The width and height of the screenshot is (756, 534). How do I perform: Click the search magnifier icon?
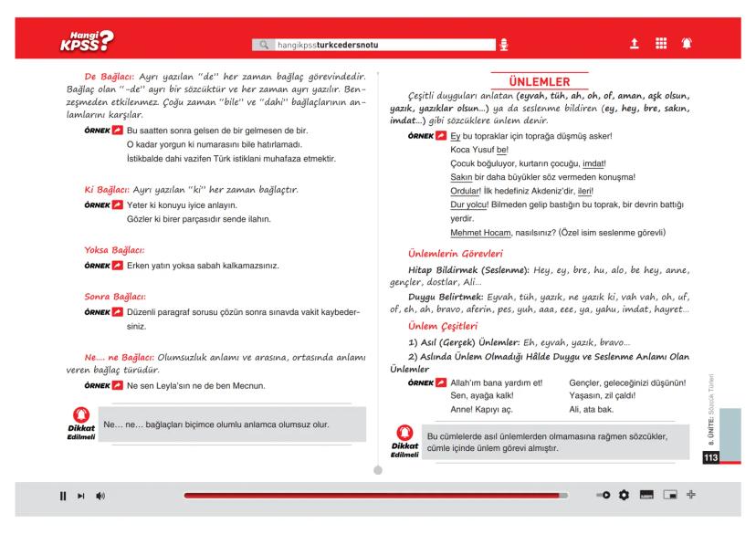coord(265,44)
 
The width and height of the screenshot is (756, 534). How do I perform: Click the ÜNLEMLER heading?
coord(539,83)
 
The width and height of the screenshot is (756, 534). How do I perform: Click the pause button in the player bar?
coord(64,495)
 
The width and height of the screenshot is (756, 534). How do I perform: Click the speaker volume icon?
coord(100,495)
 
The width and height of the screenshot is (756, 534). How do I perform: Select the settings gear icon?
coord(625,495)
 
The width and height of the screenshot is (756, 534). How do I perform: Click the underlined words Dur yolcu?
coord(472,205)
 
